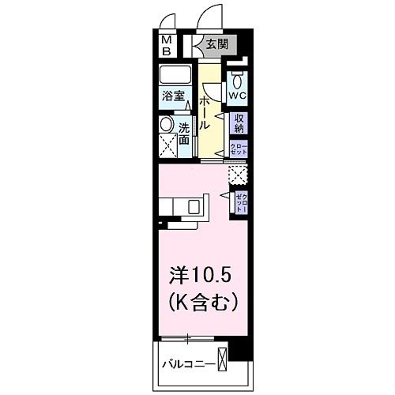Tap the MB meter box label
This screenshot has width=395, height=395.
click(x=167, y=46)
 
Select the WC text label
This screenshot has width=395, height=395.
click(x=238, y=95)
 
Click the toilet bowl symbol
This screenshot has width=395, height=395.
click(x=238, y=80)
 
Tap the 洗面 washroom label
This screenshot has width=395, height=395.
click(x=183, y=133)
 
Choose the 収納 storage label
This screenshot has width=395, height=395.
click(x=239, y=123)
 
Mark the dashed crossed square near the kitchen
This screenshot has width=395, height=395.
click(x=236, y=175)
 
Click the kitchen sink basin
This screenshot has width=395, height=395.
click(x=194, y=207)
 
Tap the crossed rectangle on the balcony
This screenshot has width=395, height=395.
click(x=224, y=359)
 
